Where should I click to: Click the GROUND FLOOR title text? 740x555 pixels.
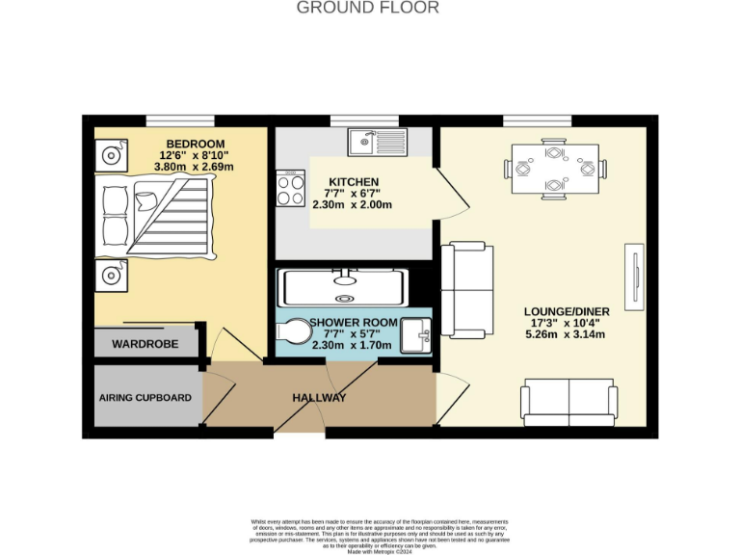[367, 9]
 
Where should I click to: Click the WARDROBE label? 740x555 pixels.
[145, 344]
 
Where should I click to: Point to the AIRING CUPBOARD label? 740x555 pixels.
[145, 397]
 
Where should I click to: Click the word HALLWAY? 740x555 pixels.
[319, 398]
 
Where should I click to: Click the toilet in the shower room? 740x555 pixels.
[294, 332]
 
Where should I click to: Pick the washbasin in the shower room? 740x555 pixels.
[417, 332]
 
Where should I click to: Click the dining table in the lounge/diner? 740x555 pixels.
[554, 169]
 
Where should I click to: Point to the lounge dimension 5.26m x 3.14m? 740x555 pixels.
[564, 335]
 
